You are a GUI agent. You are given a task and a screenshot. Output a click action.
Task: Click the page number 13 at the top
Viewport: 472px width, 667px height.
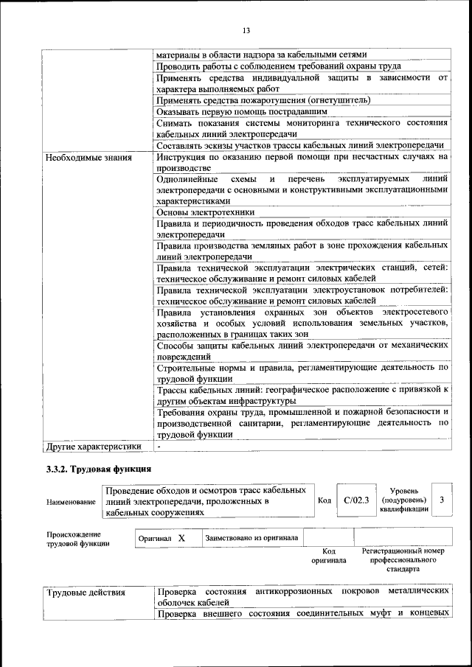pyautogui.click(x=246, y=29)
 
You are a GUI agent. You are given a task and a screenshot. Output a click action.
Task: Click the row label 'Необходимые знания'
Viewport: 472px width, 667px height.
pyautogui.click(x=88, y=157)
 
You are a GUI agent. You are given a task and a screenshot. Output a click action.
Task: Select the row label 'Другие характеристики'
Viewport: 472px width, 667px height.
pyautogui.click(x=93, y=446)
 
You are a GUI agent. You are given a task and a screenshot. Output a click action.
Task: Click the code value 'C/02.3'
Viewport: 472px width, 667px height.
pyautogui.click(x=356, y=500)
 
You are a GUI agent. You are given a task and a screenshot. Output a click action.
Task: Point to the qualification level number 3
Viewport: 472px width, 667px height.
pyautogui.click(x=441, y=500)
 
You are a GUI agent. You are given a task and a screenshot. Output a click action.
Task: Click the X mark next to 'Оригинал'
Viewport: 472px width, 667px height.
pyautogui.click(x=181, y=539)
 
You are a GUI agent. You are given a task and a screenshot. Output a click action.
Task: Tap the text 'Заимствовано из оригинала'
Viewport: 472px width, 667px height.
pyautogui.click(x=251, y=538)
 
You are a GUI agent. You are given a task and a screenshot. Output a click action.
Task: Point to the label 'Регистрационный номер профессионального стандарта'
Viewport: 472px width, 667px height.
pyautogui.click(x=402, y=560)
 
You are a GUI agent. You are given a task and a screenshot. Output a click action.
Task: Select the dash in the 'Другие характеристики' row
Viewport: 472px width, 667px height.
pyautogui.click(x=159, y=446)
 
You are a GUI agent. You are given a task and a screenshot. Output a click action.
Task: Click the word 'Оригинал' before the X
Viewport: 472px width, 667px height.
pyautogui.click(x=155, y=539)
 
